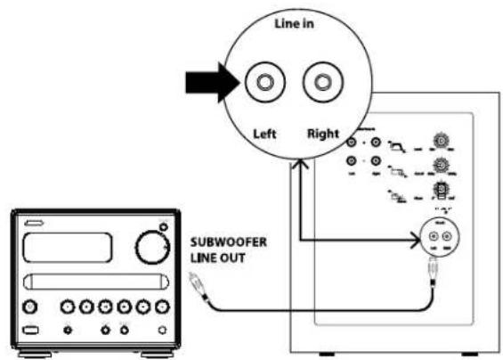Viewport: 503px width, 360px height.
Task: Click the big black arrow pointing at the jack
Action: (x=204, y=84)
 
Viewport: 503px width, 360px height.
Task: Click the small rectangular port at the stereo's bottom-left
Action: (x=29, y=331)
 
